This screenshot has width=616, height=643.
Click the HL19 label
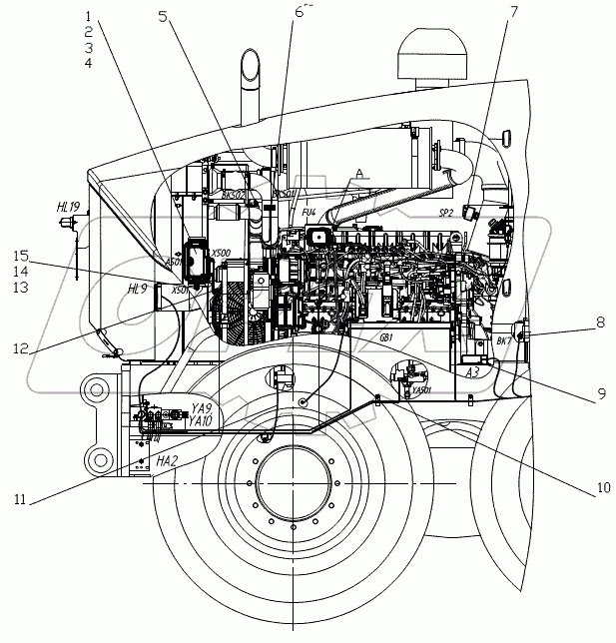coord(69,207)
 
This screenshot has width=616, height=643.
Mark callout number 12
coord(19,349)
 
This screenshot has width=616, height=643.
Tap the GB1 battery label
coord(385,337)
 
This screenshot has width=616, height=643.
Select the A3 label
coord(477,371)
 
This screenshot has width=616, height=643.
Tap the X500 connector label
coord(222,254)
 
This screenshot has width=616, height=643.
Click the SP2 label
coord(445,213)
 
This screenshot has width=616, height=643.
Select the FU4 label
coord(308,212)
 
